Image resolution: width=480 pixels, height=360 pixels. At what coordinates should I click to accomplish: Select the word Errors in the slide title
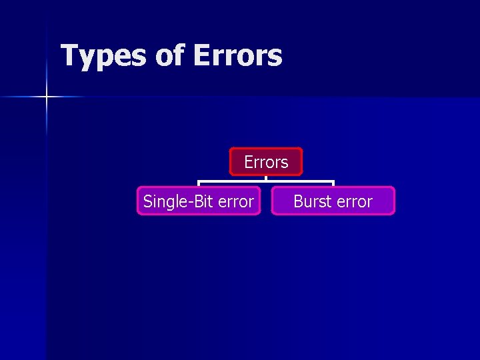(x=237, y=56)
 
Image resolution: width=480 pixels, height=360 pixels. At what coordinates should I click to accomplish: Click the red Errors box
(x=266, y=161)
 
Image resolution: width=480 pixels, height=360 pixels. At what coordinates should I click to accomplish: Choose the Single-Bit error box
(x=199, y=201)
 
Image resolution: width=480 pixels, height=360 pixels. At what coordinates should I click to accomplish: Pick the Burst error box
(x=333, y=201)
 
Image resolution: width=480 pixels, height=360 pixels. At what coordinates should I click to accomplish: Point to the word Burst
(x=312, y=201)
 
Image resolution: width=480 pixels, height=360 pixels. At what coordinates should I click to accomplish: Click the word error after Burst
(x=353, y=201)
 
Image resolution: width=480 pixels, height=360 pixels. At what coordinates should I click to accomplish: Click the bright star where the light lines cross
(x=47, y=97)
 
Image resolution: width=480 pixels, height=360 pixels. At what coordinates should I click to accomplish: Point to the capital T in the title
(x=69, y=55)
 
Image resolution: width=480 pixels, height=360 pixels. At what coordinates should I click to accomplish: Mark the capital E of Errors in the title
(x=201, y=55)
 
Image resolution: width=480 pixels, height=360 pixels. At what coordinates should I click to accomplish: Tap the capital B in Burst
(x=298, y=201)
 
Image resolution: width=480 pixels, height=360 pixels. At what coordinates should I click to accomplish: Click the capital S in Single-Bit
(x=148, y=201)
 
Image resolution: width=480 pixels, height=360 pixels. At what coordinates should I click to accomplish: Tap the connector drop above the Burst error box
(x=333, y=183)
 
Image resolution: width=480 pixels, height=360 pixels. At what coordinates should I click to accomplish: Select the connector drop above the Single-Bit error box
(x=198, y=183)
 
